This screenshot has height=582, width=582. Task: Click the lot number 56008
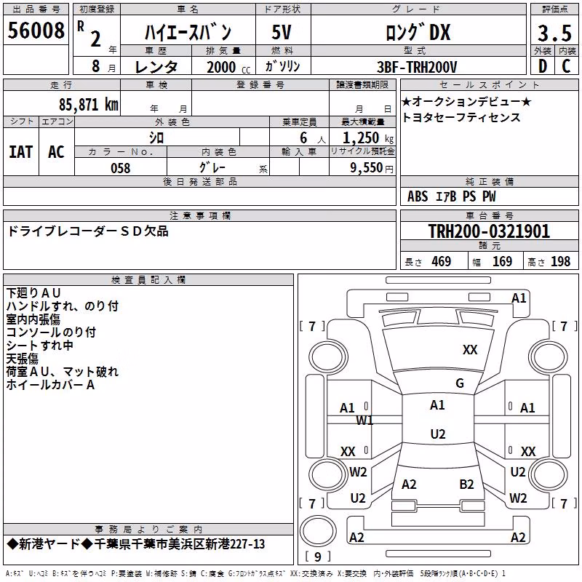(36, 31)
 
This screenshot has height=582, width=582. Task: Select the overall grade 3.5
(554, 33)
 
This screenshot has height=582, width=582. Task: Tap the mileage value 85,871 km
(89, 105)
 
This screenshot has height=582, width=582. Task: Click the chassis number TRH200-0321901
(489, 231)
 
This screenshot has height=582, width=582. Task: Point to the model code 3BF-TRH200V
(417, 67)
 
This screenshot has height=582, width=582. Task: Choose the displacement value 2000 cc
(228, 68)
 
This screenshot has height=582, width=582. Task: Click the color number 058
(121, 168)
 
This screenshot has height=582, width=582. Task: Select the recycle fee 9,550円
(372, 168)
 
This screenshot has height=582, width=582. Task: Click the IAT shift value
(21, 152)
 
